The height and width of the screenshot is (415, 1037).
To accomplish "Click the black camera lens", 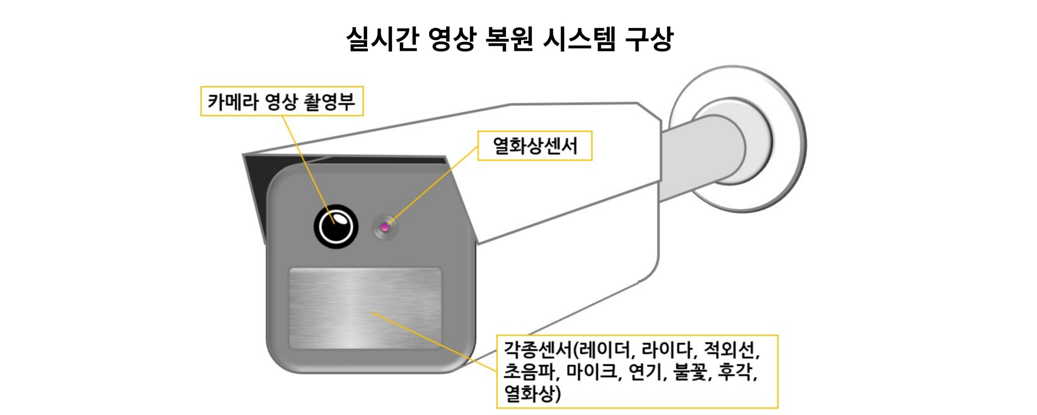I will [x=336, y=227].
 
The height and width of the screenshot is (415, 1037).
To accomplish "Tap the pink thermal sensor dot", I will [x=385, y=227].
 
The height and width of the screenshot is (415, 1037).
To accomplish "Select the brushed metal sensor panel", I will [x=365, y=308].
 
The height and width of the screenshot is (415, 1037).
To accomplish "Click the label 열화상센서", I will [x=535, y=146].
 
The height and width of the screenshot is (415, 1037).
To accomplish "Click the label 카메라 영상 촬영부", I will [x=282, y=101].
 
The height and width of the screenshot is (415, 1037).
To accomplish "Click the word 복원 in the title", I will [x=508, y=39].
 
